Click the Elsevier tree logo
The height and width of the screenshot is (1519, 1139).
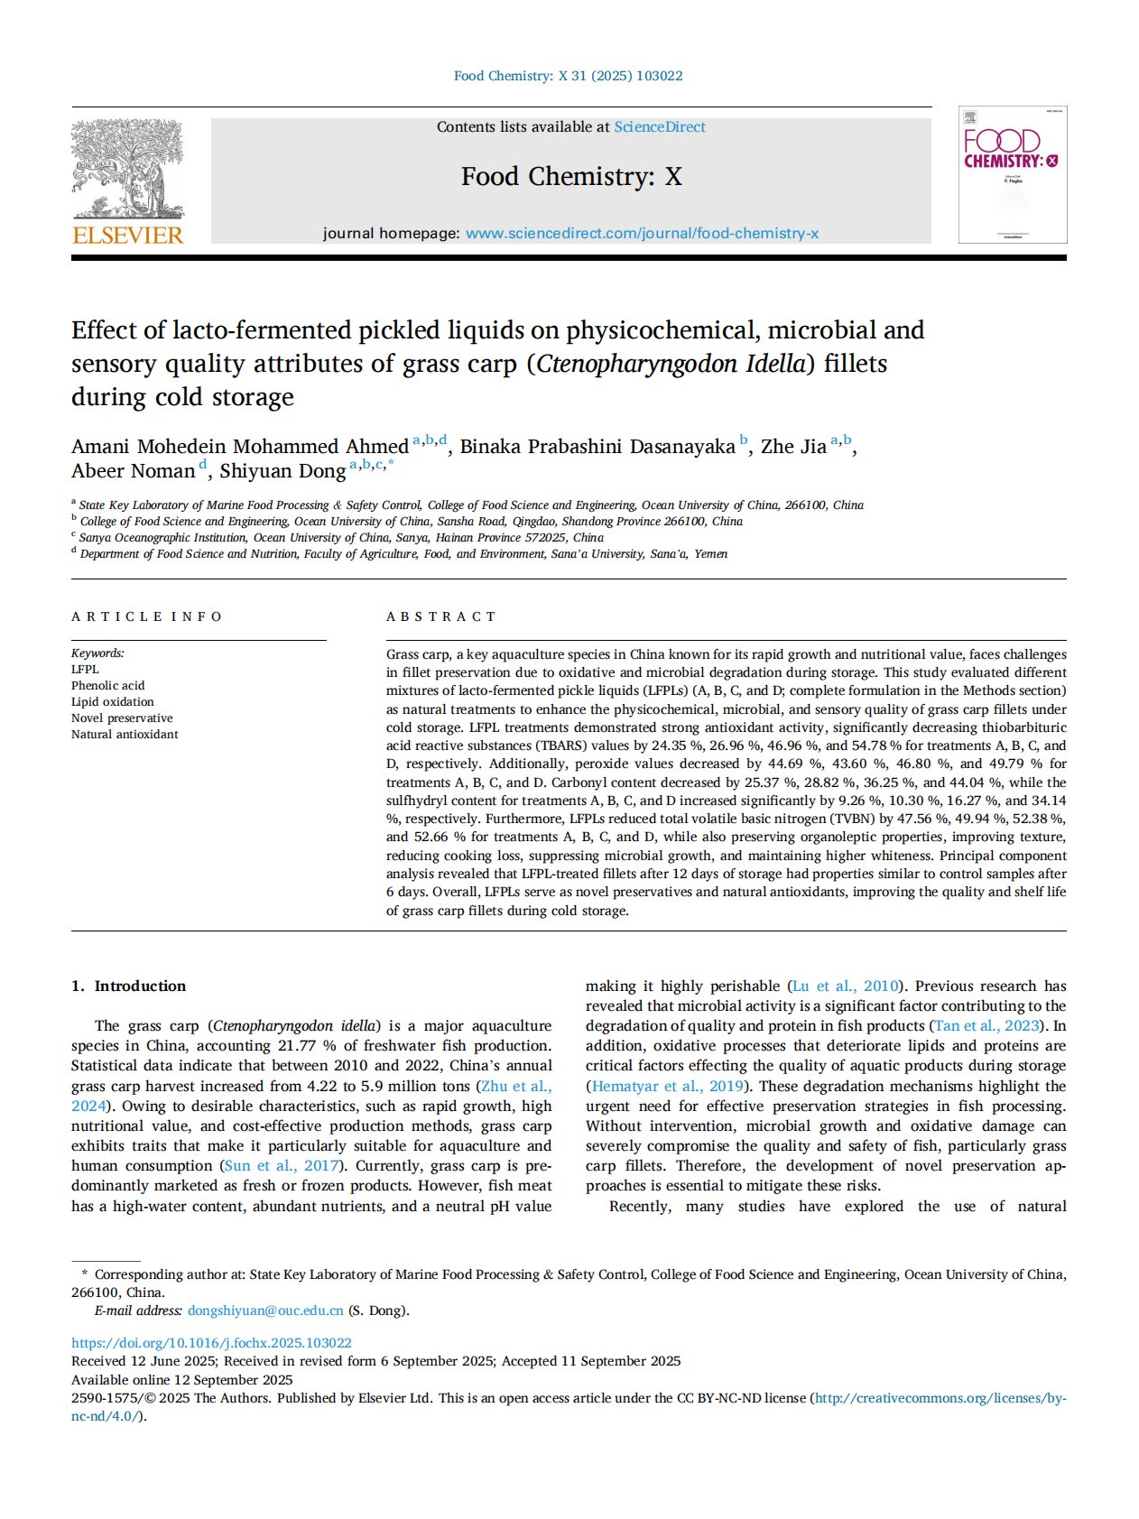click(x=127, y=169)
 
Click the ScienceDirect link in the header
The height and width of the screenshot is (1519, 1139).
click(x=660, y=127)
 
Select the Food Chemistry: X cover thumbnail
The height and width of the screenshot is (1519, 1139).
click(x=1012, y=175)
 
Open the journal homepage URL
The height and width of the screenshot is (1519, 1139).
click(x=642, y=234)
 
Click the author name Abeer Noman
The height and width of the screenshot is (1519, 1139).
click(x=134, y=471)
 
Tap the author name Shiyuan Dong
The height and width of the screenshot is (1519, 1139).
click(x=282, y=471)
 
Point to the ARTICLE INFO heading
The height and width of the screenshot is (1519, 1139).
click(x=147, y=616)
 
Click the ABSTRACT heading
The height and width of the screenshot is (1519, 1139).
click(x=441, y=616)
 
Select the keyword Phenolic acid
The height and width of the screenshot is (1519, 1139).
click(x=107, y=686)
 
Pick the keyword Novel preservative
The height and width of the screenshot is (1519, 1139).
click(x=122, y=718)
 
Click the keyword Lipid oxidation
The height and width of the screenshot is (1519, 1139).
click(x=113, y=702)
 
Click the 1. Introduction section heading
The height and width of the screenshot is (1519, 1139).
click(x=129, y=986)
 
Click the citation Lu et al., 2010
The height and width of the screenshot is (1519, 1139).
click(x=846, y=986)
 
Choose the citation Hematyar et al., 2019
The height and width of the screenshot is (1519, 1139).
click(x=668, y=1087)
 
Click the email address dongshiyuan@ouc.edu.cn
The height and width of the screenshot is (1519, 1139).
click(x=265, y=1311)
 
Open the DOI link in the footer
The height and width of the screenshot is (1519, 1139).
click(x=211, y=1343)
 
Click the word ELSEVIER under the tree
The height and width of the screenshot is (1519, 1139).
click(x=127, y=236)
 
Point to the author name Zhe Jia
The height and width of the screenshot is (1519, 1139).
click(x=793, y=447)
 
